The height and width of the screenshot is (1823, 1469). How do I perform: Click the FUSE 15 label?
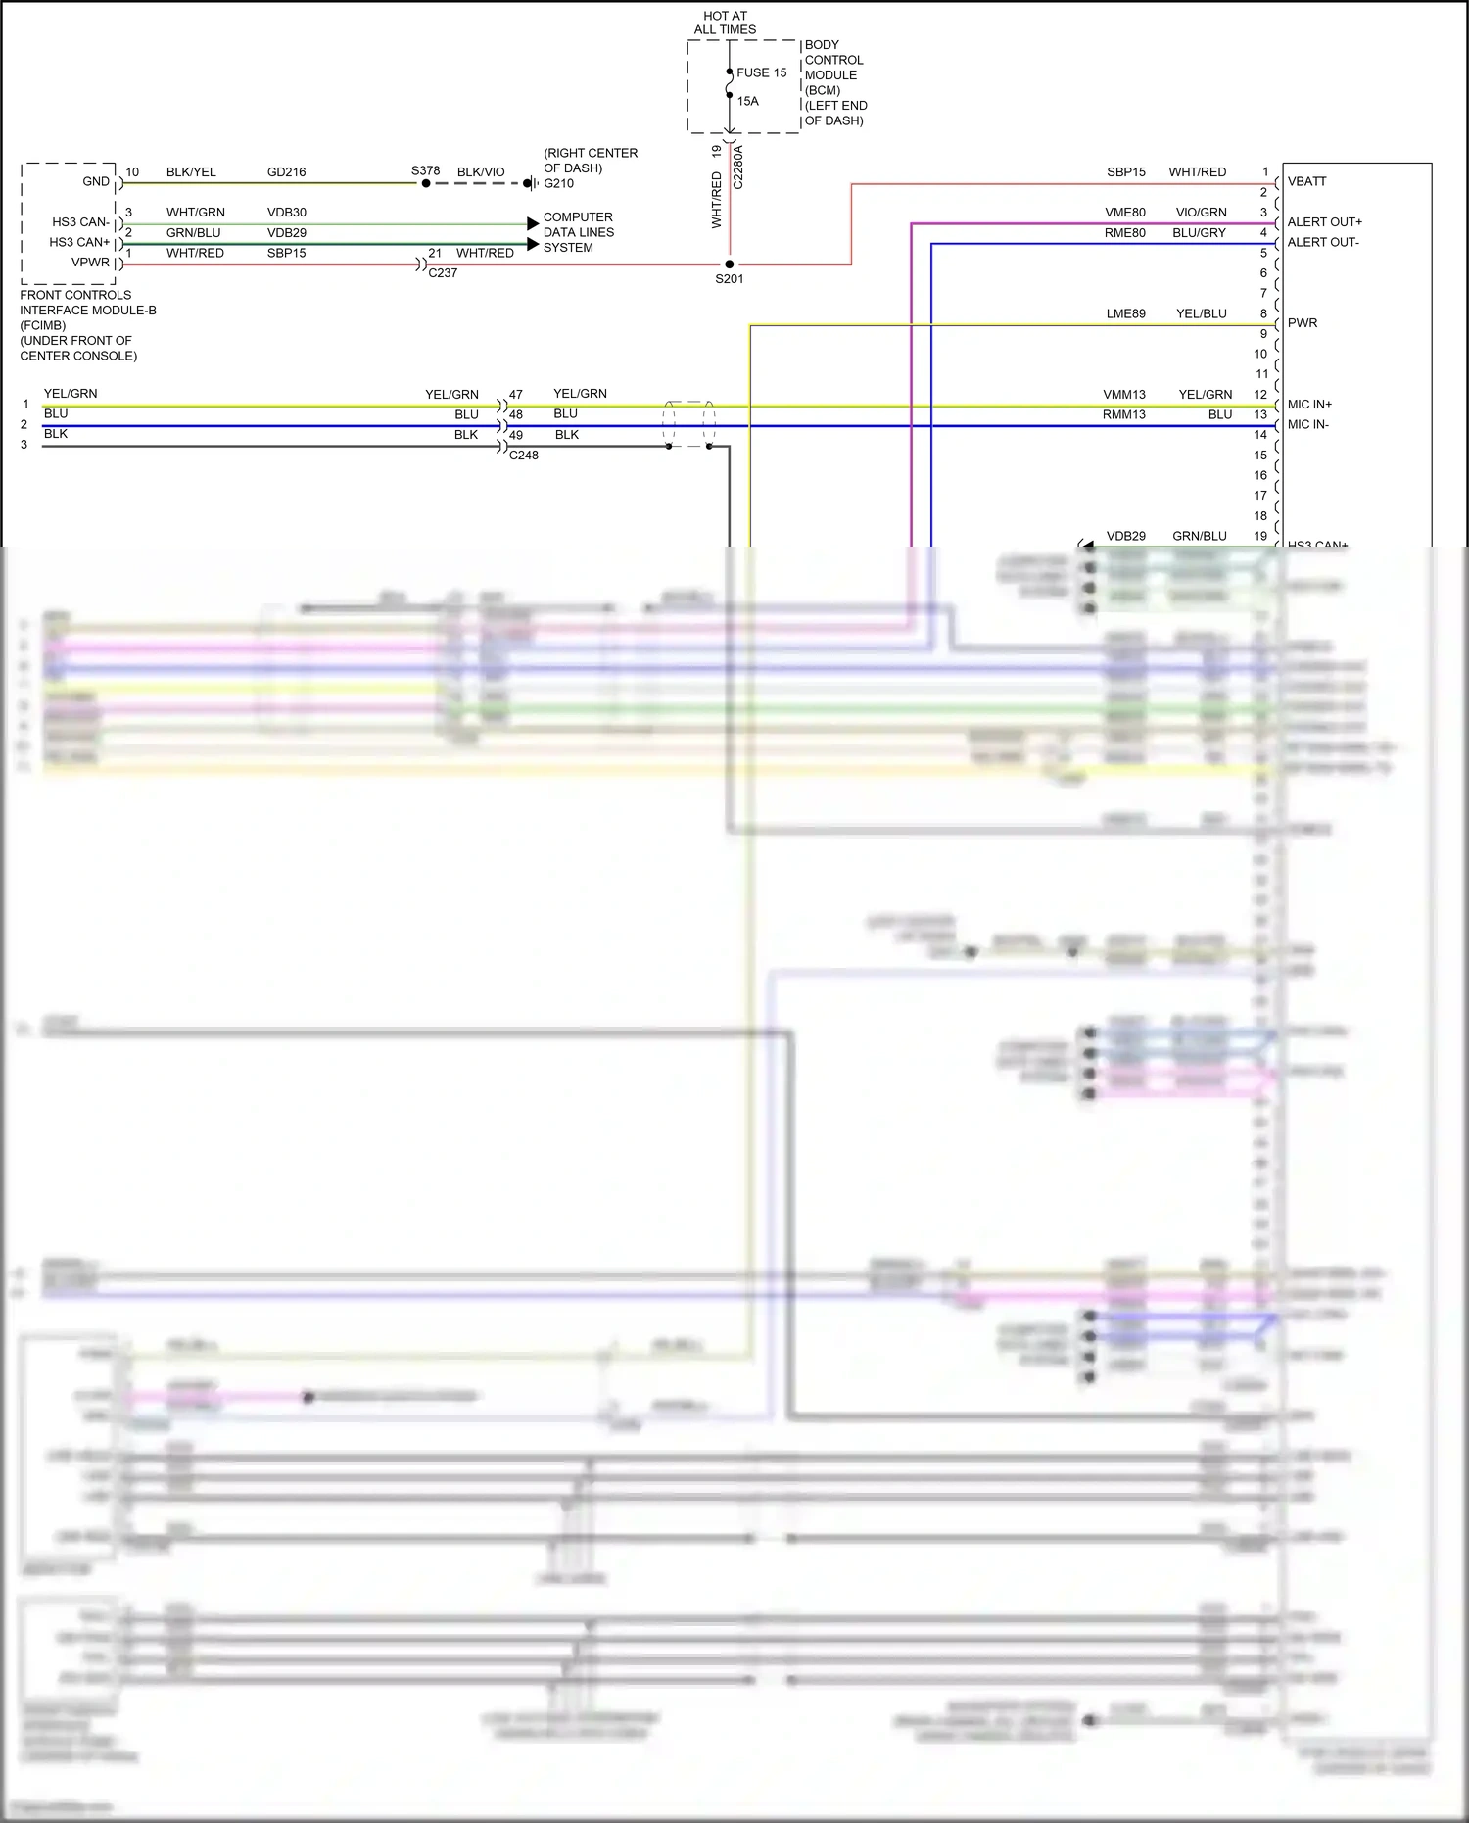(761, 72)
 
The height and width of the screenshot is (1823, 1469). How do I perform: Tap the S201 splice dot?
(730, 264)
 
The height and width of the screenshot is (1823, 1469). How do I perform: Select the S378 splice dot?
(426, 183)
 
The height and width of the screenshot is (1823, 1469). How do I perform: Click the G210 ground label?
(558, 183)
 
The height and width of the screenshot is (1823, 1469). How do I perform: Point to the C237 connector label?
(443, 273)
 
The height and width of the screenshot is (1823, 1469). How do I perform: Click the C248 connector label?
(523, 456)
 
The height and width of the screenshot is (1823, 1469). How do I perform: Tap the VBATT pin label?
(1306, 181)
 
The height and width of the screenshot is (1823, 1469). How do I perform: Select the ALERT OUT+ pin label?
(1324, 222)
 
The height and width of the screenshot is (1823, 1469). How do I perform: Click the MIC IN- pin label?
(1307, 425)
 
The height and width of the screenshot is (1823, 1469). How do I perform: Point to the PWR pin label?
(1302, 323)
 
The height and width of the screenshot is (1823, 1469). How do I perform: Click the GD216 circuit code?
(286, 172)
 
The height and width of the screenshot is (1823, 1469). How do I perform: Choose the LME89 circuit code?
(1125, 314)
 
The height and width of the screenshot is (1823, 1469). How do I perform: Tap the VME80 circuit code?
(1124, 213)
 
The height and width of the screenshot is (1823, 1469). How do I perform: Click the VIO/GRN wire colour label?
(1201, 213)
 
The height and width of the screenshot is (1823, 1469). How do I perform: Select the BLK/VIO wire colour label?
(481, 172)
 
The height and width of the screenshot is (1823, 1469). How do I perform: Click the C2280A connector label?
(738, 168)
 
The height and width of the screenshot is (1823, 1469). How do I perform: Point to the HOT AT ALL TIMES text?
(725, 23)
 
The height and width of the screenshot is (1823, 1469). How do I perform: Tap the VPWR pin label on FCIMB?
(90, 263)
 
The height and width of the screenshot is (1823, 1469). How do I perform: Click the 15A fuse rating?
(747, 101)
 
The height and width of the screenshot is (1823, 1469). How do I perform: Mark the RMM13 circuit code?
(1123, 415)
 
